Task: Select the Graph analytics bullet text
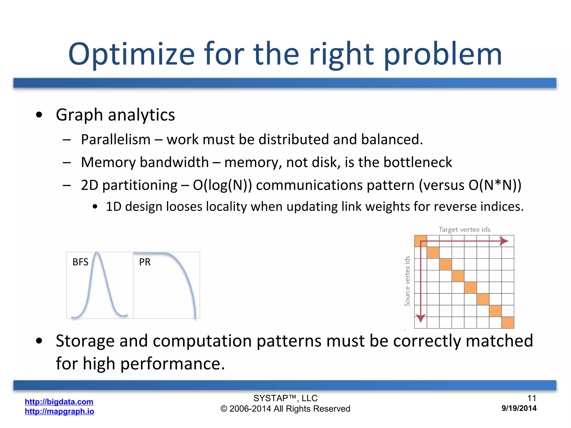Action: pos(115,115)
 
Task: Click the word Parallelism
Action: pos(116,139)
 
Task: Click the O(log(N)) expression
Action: pos(222,185)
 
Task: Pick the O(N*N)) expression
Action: pos(495,185)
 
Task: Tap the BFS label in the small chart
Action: pos(80,262)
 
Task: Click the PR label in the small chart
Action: pos(145,262)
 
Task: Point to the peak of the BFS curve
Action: pos(96,253)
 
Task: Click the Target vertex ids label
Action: pos(464,230)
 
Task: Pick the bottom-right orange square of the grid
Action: pos(507,322)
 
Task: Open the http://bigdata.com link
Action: pos(59,402)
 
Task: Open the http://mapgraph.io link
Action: pos(59,411)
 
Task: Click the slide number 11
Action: pos(532,398)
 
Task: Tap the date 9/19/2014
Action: pos(519,408)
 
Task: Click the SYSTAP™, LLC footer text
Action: pos(285,398)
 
